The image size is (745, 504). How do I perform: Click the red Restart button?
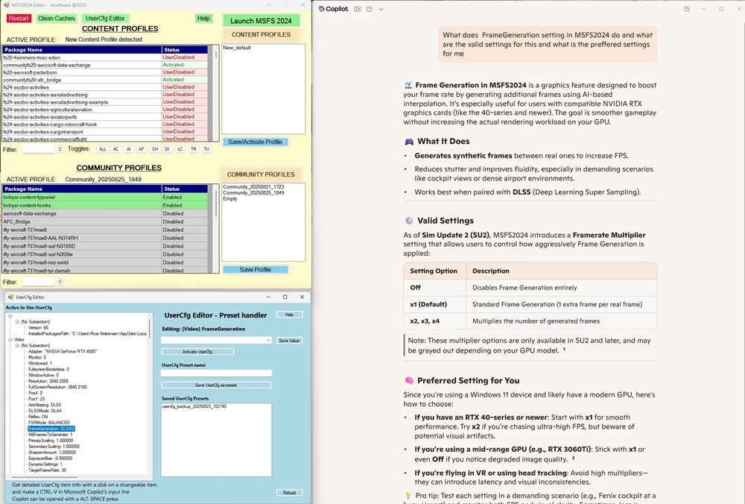coord(19,18)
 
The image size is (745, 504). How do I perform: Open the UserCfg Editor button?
coord(104,18)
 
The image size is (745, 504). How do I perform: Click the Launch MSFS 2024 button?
coord(261,21)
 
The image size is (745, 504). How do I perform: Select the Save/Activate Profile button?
coord(255,142)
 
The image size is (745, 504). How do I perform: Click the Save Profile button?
coord(255,269)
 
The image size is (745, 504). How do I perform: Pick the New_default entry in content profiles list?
coord(237,48)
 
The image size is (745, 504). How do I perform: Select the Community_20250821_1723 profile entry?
coord(253,186)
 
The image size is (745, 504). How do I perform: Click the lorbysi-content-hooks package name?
coord(31,205)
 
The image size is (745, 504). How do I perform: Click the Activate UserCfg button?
coord(197,351)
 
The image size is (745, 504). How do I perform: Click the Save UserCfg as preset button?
coord(216,385)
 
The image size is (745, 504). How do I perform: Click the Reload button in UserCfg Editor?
coord(289,492)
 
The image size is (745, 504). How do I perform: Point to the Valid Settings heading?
coord(445,221)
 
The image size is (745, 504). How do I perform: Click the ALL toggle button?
coord(103,149)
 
